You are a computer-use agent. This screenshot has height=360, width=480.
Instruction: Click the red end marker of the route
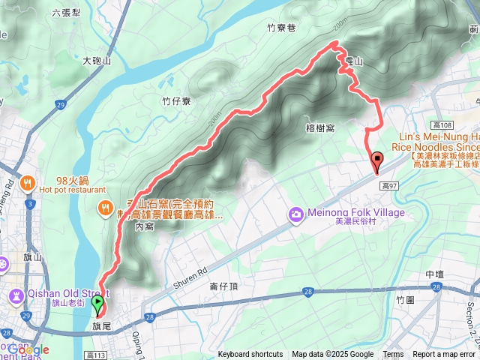click(376, 159)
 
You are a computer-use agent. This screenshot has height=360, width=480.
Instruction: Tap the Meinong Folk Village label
click(356, 213)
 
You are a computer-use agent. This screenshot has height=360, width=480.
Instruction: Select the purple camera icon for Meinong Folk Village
click(297, 215)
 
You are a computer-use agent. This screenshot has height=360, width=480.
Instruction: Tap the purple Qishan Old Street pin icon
click(15, 293)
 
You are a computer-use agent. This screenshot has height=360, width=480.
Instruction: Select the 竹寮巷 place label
click(281, 28)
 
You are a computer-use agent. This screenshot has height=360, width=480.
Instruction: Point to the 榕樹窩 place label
click(321, 118)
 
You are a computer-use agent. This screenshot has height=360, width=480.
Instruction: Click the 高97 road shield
click(388, 184)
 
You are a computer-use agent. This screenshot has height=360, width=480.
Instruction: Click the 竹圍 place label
click(404, 299)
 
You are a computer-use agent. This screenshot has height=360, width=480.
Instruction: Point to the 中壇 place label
click(435, 274)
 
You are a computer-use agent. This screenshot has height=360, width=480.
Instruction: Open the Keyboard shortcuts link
click(250, 355)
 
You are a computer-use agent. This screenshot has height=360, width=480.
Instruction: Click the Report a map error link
click(445, 355)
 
